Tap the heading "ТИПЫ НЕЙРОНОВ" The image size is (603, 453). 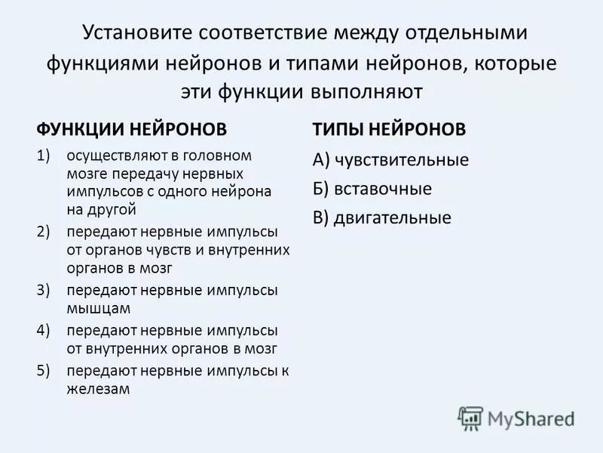click(389, 129)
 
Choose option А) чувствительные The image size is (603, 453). click(390, 160)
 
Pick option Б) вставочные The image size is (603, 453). click(372, 189)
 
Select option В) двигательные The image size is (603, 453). click(381, 218)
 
